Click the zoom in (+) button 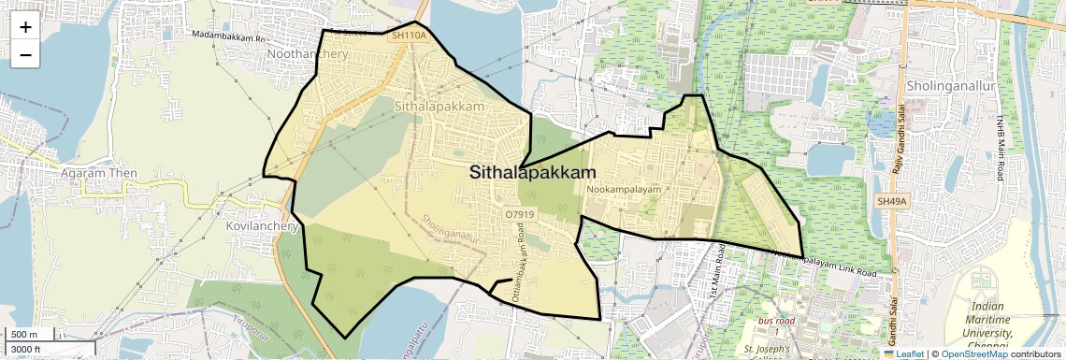tap(25, 27)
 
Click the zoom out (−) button tap(25, 55)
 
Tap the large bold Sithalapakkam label tap(532, 173)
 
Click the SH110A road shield tap(409, 36)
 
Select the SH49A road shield tap(893, 201)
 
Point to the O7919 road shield tap(519, 214)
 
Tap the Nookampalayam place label tap(624, 190)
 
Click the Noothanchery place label tap(307, 54)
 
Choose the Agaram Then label tap(98, 173)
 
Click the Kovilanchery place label tap(262, 226)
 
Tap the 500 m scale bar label tap(24, 335)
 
